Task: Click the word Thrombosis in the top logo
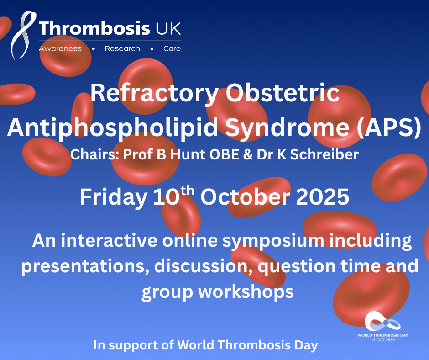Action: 94,28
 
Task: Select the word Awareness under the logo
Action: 60,48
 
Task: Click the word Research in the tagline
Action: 122,48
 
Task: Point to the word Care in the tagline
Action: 172,48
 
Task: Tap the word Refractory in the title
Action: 154,94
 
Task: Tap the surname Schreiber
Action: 324,154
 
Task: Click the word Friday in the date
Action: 114,197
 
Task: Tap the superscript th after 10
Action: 187,190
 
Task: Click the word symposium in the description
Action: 273,241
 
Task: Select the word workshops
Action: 246,291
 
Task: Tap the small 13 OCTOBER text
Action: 383,340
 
